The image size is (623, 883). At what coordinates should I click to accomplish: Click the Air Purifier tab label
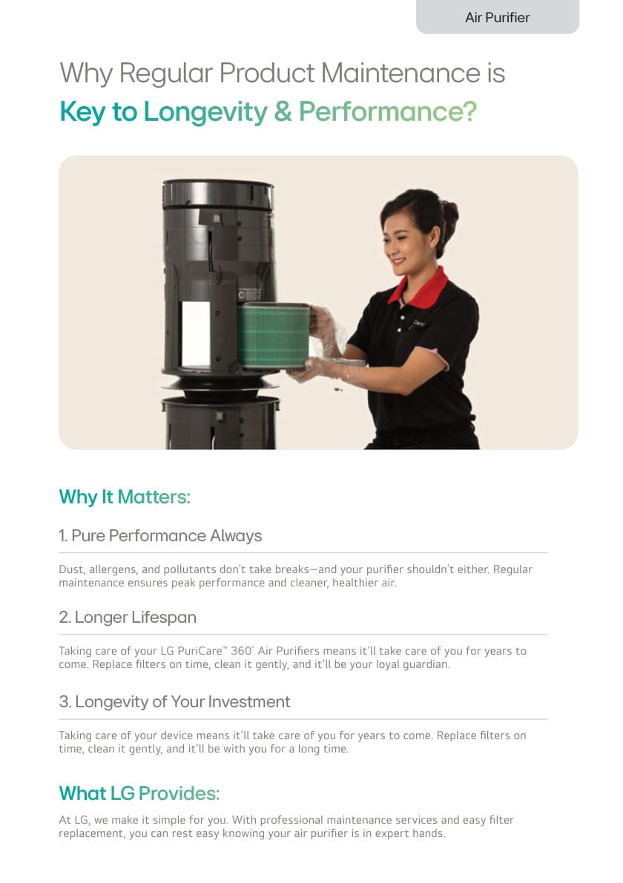coord(498,18)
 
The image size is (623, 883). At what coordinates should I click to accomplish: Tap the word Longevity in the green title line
coord(205,112)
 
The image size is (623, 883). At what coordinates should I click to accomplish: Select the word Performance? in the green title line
coord(388,111)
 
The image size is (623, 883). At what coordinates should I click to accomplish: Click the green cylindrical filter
coord(273,336)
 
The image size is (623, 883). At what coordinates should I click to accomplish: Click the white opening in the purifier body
coord(196,334)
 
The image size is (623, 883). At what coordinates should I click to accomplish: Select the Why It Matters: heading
coord(125,497)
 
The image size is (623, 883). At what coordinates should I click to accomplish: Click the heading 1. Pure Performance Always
coord(160,535)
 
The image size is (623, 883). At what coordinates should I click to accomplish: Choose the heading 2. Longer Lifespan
coord(128,617)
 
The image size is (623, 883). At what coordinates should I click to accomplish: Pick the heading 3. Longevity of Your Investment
coord(174,701)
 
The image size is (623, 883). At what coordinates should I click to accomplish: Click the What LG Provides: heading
coord(139,793)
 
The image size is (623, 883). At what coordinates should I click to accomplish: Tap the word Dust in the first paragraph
coord(71,569)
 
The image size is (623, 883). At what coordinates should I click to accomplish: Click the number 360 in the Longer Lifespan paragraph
coord(241,651)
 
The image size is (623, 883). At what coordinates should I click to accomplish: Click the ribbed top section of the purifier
coord(218,195)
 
